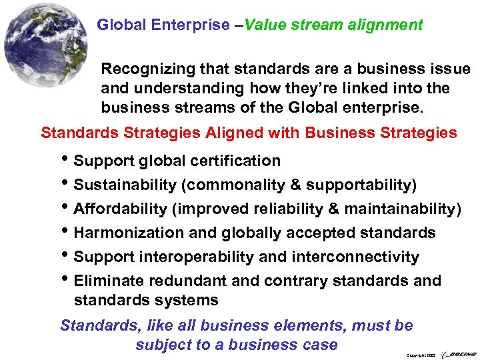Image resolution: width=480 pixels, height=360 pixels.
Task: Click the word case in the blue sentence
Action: pos(321,345)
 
